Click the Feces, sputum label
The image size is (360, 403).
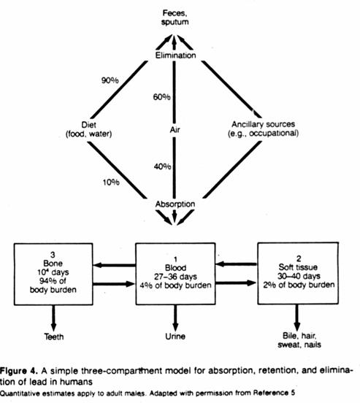point(175,18)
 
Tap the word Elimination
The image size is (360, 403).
point(175,55)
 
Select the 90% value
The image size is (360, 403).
point(110,80)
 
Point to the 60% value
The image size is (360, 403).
point(161,97)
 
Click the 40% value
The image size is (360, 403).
point(163,166)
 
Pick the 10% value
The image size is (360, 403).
point(111,183)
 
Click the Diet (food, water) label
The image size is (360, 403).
point(88,129)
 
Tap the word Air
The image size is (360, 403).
point(175,129)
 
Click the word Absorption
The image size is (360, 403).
point(175,204)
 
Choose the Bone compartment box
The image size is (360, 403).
point(53,275)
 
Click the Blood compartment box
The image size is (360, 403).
point(176,274)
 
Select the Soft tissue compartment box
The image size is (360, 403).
point(298,273)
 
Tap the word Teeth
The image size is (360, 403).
point(54,337)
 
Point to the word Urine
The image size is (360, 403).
point(175,336)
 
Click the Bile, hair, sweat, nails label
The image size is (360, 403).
point(299,340)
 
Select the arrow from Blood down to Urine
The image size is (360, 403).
point(175,318)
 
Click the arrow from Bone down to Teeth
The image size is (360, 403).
point(53,318)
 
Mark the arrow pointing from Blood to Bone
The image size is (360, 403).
point(115,265)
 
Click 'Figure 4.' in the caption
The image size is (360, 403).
point(19,371)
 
